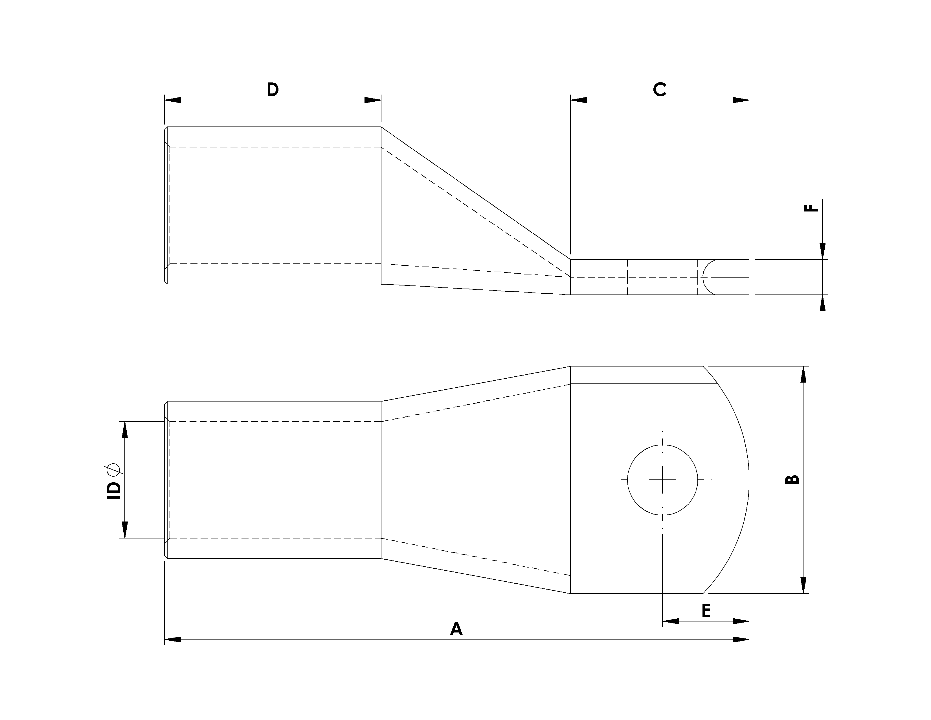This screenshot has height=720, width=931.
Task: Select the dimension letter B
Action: click(x=792, y=479)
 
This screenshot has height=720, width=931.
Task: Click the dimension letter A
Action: click(x=456, y=629)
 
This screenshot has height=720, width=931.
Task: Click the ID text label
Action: click(x=114, y=490)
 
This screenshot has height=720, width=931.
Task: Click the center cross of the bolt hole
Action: click(x=662, y=480)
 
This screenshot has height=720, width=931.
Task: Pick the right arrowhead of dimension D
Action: click(x=373, y=100)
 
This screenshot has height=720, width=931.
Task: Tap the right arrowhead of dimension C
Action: click(x=741, y=100)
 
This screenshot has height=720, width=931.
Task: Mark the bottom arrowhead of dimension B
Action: click(x=803, y=585)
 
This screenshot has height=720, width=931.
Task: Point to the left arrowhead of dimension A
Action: click(x=173, y=639)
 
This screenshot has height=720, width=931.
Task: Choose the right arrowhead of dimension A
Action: click(x=741, y=639)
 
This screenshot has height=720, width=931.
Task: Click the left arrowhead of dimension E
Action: click(x=671, y=621)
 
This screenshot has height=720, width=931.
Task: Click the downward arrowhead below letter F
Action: click(x=823, y=250)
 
